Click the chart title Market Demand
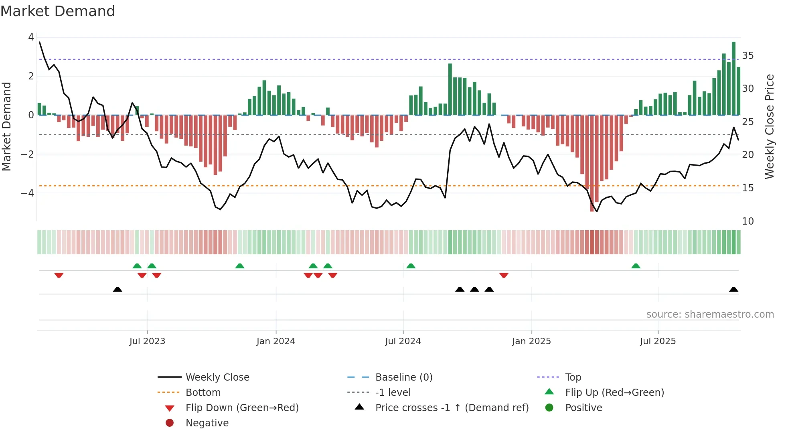coord(58,11)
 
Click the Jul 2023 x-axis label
coord(147,341)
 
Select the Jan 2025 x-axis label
coord(531,341)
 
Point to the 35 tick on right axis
coord(748,56)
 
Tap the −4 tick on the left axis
coord(28,193)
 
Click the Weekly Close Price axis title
coord(769,126)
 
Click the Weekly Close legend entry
coord(217,377)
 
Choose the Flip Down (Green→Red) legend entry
coord(242,408)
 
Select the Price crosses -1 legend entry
coord(452,408)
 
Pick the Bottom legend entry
coord(203,393)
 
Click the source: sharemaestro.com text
coord(710,314)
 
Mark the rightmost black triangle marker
coord(733,289)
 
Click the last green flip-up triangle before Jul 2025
coord(636,266)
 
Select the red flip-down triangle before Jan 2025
coord(504,275)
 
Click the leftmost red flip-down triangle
coord(59,275)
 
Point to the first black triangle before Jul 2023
coord(117,289)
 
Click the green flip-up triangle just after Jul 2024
coord(411,266)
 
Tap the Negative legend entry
coord(207,423)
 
